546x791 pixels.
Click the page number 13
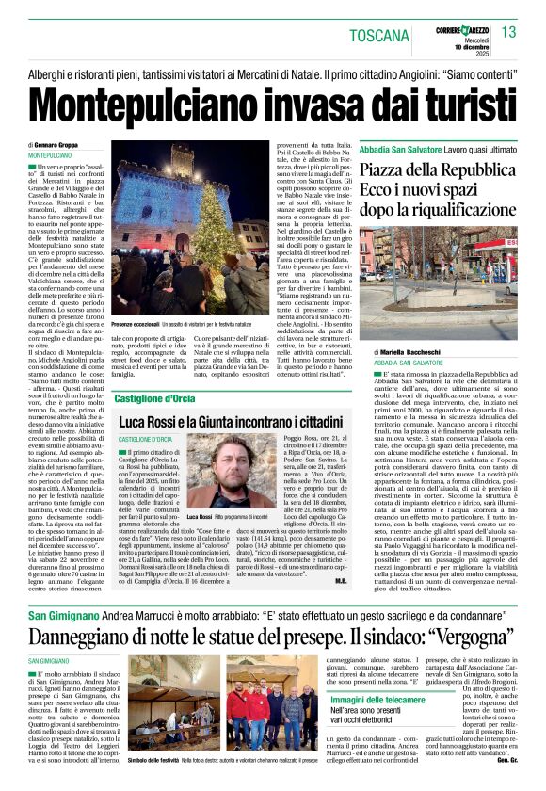click(508, 33)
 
